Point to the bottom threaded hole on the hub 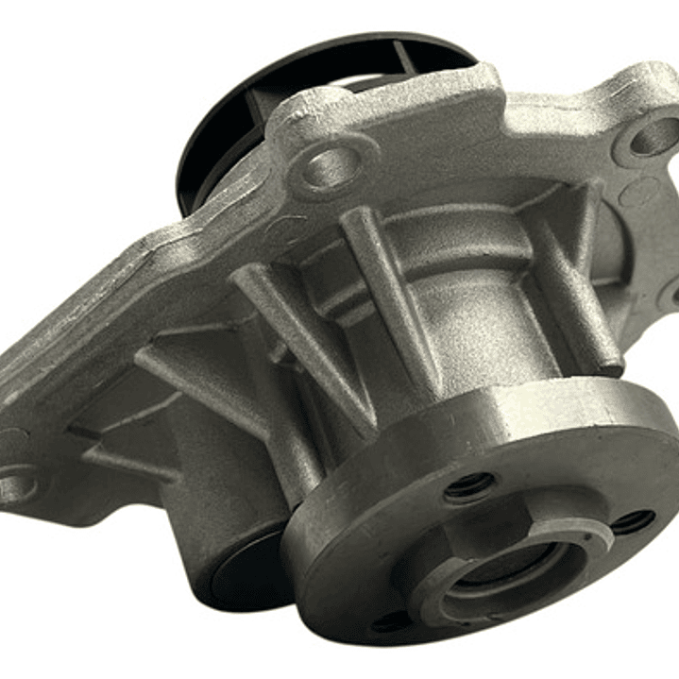[x=392, y=620]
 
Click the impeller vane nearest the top [x=406, y=57]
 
